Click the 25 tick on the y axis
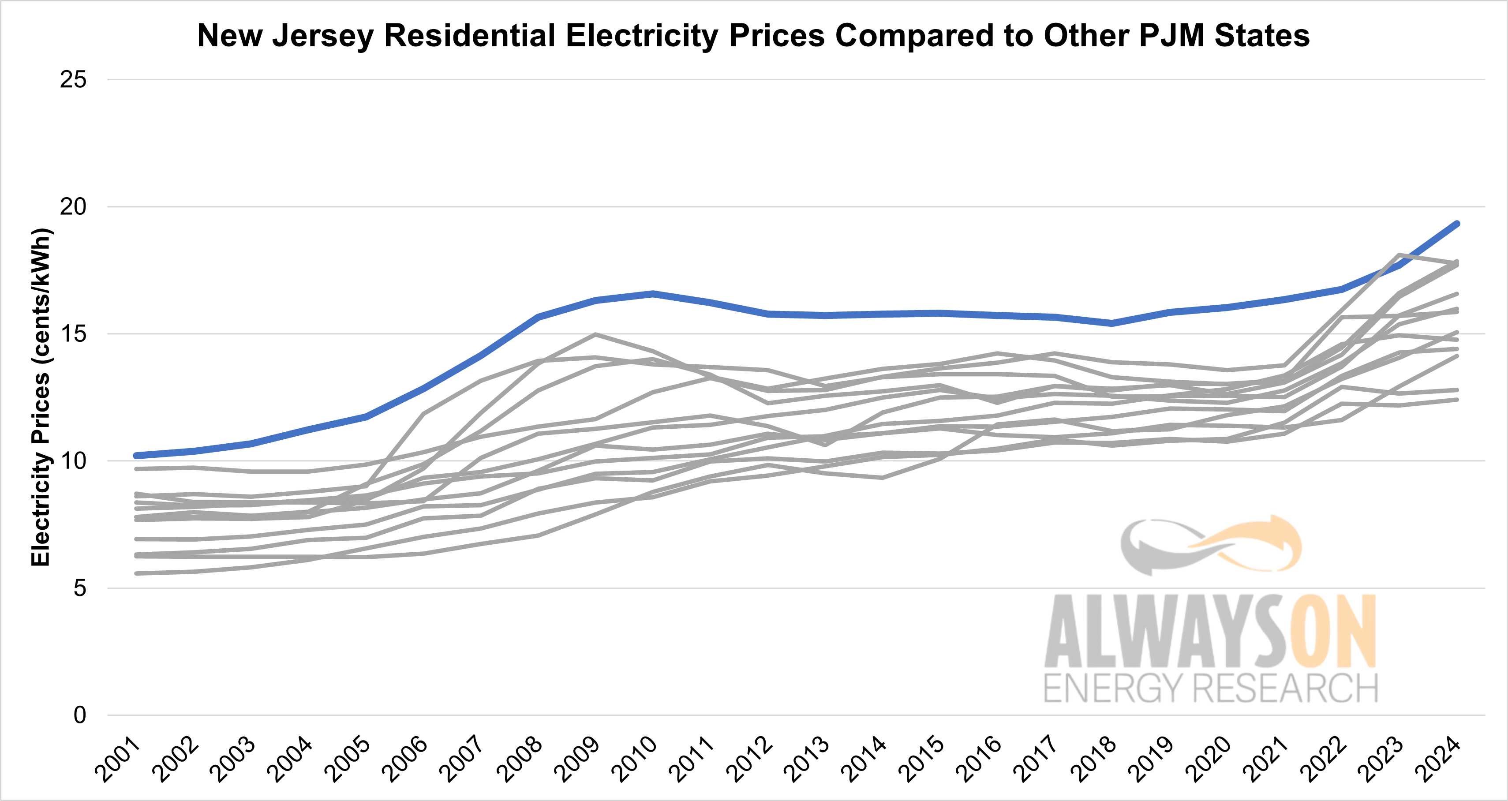pyautogui.click(x=73, y=80)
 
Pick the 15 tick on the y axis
pyautogui.click(x=73, y=334)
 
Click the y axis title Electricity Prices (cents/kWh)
pyautogui.click(x=41, y=397)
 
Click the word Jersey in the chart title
pyautogui.click(x=323, y=36)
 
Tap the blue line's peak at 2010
pyautogui.click(x=653, y=293)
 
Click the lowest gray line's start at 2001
pyautogui.click(x=136, y=573)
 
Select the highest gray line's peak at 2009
pyautogui.click(x=595, y=334)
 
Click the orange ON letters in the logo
pyautogui.click(x=1331, y=633)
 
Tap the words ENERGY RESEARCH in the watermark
pyautogui.click(x=1211, y=688)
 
